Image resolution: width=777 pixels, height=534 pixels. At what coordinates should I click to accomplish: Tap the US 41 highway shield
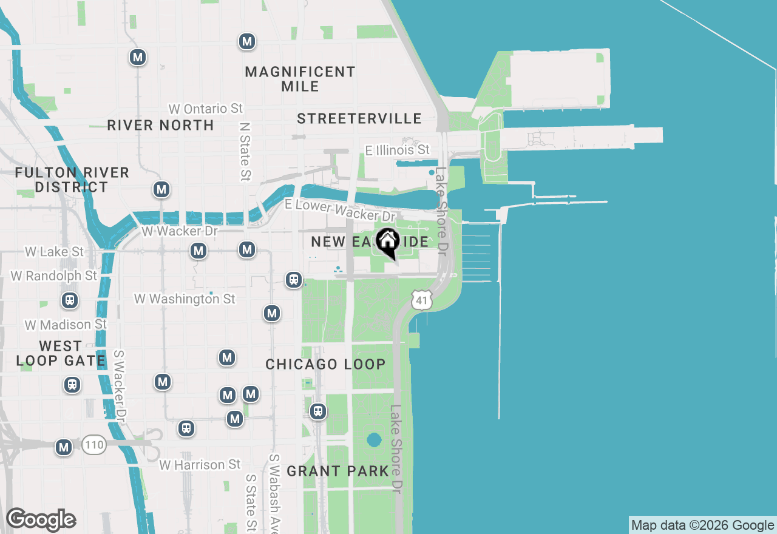pos(421,299)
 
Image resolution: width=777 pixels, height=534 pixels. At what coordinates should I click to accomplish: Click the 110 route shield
pos(94,445)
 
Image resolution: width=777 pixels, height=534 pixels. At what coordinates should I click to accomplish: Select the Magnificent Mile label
pos(300,79)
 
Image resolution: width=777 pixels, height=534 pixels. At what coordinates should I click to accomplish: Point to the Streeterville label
pos(359,118)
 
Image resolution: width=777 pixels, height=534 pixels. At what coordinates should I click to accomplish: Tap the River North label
pos(160,126)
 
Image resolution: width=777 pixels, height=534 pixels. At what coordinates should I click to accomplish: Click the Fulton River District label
pos(72,180)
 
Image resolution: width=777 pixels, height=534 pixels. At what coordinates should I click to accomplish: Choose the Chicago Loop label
pos(325,365)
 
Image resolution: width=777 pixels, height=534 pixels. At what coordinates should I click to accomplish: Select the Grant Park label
pos(338,471)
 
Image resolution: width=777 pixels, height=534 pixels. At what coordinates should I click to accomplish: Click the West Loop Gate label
pos(61,353)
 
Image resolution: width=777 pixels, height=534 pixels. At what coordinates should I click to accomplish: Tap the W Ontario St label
pos(206,109)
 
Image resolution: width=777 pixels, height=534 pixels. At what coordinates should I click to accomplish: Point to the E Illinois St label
pos(397,150)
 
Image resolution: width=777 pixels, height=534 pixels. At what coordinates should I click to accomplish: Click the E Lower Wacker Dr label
pos(340,211)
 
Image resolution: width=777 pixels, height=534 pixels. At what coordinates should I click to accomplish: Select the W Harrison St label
pos(200,465)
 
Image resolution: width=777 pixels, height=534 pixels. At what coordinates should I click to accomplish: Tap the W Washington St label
pos(185,299)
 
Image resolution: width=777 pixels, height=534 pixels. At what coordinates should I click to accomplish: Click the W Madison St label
pos(66,325)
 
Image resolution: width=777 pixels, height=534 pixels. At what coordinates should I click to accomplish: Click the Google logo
pos(41,519)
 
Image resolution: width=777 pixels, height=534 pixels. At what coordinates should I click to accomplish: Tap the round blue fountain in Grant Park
pos(374,439)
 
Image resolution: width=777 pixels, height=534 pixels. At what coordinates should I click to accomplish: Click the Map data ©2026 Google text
pos(702,526)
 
